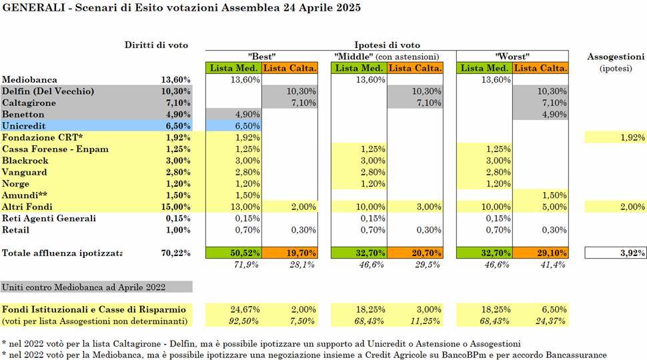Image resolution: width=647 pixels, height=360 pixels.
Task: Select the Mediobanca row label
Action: tap(30, 79)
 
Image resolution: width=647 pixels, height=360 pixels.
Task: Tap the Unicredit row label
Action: tap(23, 126)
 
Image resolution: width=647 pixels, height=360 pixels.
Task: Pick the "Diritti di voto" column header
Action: tap(156, 45)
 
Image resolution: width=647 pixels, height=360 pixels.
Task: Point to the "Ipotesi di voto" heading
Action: tap(387, 45)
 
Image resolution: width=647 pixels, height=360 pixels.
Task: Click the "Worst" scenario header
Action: tap(512, 56)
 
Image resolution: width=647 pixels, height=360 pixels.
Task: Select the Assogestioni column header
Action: tap(616, 57)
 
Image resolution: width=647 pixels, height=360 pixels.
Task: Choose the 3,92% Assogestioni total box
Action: tap(615, 253)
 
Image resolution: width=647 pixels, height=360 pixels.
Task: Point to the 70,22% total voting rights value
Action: tap(176, 253)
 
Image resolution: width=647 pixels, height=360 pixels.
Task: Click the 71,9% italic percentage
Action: tap(246, 265)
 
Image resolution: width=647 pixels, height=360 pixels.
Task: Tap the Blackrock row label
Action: tap(25, 161)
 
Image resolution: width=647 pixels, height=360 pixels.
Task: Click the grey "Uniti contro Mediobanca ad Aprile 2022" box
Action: tap(97, 287)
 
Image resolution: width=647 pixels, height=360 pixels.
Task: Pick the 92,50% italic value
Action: tap(244, 321)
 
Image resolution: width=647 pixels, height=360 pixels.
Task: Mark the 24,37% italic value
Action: tap(551, 321)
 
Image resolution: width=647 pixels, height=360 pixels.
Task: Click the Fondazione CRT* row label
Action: tap(43, 137)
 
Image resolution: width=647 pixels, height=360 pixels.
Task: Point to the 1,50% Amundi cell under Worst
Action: tap(554, 195)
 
